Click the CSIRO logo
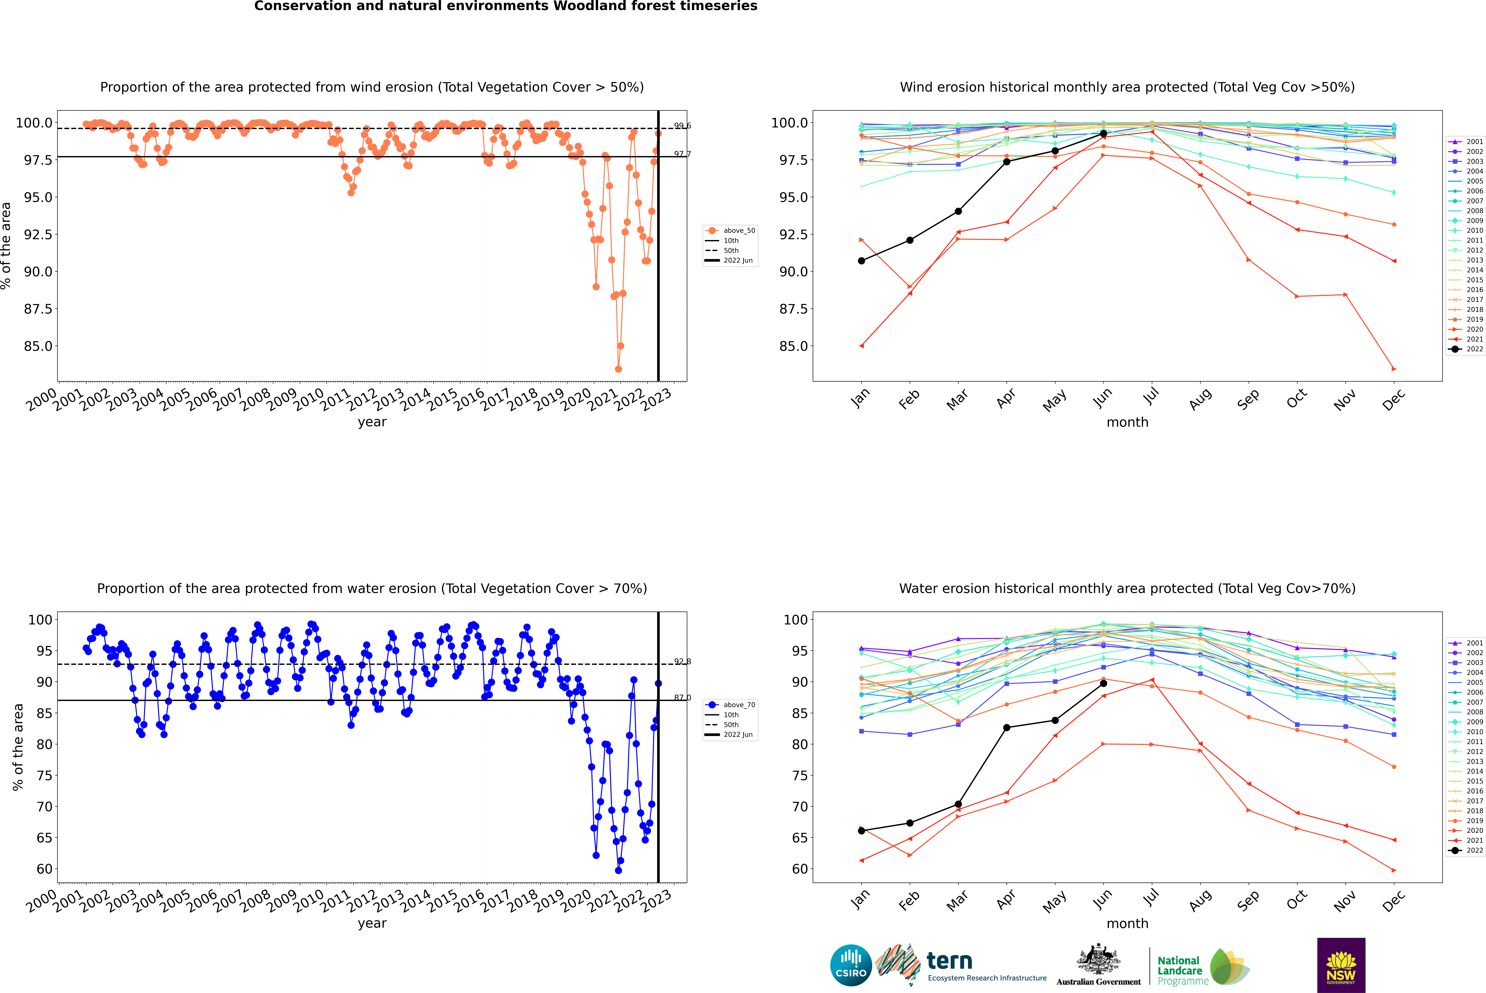[851, 965]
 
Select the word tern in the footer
[949, 961]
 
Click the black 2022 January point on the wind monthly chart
[861, 261]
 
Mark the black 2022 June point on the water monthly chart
[1103, 683]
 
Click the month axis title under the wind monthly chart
[1127, 422]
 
